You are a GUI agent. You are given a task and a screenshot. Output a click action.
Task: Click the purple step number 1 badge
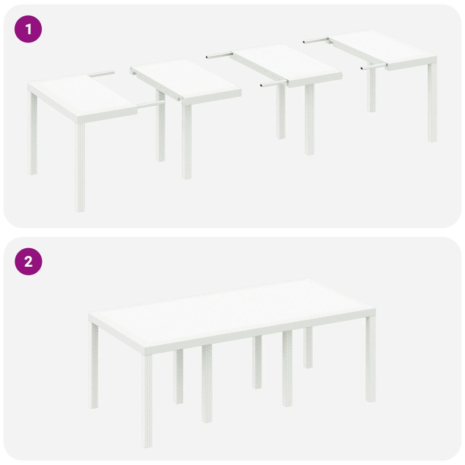(x=28, y=29)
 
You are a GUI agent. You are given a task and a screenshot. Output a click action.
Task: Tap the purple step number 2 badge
(x=28, y=262)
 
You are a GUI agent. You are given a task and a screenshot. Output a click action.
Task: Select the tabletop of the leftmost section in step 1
(x=81, y=96)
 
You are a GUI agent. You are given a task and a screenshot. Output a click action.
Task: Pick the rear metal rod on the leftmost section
(x=102, y=74)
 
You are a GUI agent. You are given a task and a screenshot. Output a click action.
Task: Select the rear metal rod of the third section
(x=220, y=56)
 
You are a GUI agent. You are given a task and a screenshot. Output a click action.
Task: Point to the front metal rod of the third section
(x=273, y=84)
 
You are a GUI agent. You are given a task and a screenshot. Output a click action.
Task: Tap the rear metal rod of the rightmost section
(x=317, y=40)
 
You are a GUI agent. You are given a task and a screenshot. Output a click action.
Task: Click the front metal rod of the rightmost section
(x=373, y=68)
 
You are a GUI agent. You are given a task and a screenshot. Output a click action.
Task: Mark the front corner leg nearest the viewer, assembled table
(x=147, y=384)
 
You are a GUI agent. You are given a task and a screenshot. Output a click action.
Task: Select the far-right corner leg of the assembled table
(x=370, y=360)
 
